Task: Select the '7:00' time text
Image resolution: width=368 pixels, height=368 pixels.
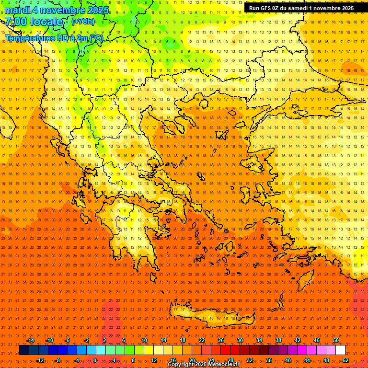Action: pos(15,22)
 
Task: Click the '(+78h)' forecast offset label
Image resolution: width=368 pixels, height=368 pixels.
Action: pos(83,22)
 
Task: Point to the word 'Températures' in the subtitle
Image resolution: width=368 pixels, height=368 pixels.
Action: pos(29,38)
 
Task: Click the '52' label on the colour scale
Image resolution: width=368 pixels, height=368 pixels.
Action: pos(345,360)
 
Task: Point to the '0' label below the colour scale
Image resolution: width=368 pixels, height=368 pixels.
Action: pos(95,360)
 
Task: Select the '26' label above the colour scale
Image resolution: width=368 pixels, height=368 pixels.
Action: pos(221,340)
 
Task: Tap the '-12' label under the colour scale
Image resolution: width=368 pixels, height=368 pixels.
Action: pos(40,360)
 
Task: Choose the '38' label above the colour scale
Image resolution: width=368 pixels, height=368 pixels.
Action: pos(278,340)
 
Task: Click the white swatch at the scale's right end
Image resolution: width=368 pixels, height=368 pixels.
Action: pos(341,350)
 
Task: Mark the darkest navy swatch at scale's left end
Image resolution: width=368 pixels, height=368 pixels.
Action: pos(24,350)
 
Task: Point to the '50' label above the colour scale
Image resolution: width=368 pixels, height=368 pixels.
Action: pos(336,340)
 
